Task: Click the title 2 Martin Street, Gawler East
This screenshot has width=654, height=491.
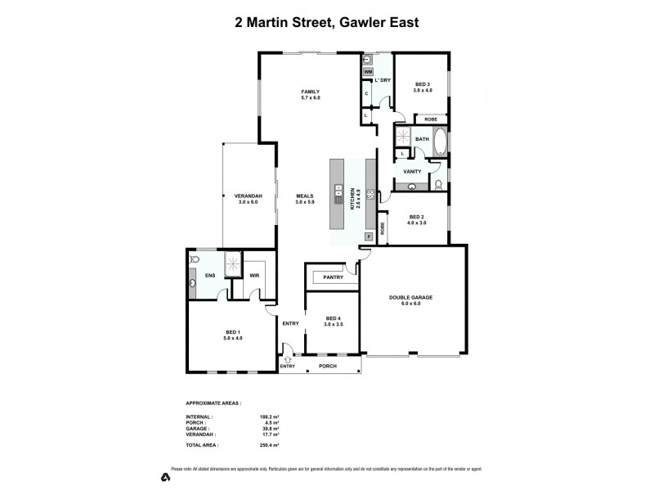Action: (326, 22)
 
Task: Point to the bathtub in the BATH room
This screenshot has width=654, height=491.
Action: (441, 141)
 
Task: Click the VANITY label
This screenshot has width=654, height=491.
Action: (412, 171)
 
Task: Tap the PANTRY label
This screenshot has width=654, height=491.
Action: (333, 277)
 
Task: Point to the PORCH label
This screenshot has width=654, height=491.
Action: (328, 366)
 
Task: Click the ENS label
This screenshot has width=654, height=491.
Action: (209, 275)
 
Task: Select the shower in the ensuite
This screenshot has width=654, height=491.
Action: (234, 261)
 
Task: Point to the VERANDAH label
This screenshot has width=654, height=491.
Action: (248, 198)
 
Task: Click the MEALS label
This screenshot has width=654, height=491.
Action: (305, 198)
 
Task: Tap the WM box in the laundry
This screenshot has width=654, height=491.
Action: (368, 72)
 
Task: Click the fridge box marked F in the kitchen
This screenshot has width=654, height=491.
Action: (369, 236)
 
